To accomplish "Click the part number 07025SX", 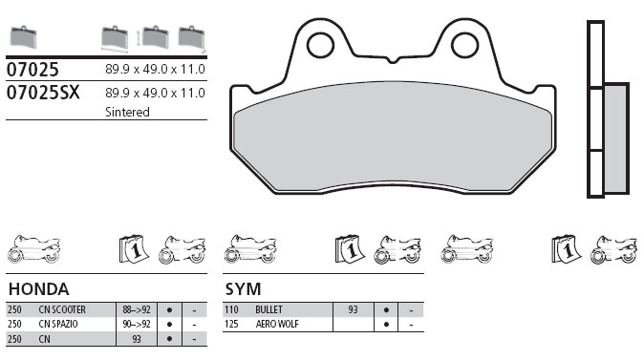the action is point(43,93).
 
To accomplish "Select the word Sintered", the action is point(127,112).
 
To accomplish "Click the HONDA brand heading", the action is point(38,289).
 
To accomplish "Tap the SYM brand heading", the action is point(243,289).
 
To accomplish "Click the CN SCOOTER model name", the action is point(62,309).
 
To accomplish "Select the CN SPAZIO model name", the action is point(58,324).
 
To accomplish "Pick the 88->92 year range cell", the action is point(137,309).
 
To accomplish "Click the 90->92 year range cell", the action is point(137,324).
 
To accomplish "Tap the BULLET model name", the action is point(269,309).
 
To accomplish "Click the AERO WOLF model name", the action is point(277,324).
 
